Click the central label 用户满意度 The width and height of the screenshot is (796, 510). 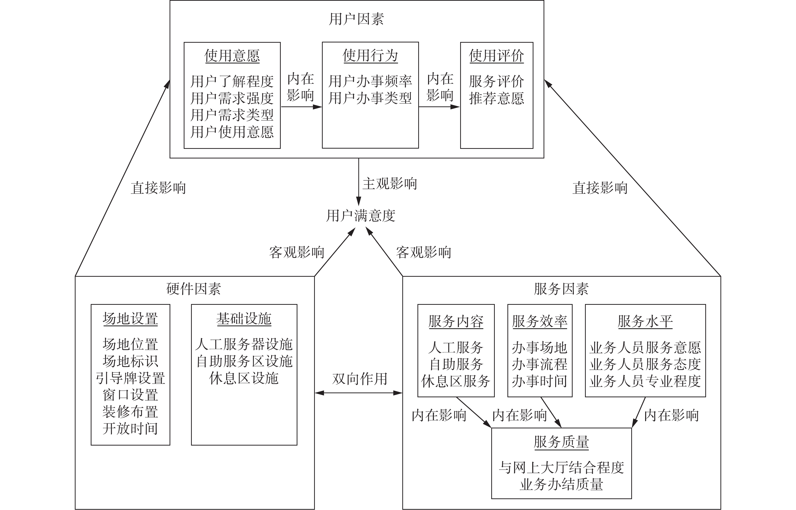(361, 216)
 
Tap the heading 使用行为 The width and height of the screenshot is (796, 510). (370, 55)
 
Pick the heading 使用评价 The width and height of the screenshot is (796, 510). (496, 56)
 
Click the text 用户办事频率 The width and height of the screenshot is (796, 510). (370, 81)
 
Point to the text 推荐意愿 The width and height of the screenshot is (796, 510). (496, 98)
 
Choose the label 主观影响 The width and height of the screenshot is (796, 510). (389, 183)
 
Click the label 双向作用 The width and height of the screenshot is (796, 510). (360, 379)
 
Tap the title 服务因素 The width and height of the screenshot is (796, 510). (561, 289)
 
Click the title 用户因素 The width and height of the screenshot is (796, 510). (356, 19)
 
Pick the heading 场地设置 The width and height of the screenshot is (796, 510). (130, 319)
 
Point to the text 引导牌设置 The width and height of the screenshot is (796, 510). (130, 378)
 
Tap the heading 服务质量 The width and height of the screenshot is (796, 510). (561, 442)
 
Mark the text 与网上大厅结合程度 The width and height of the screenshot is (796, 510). (561, 468)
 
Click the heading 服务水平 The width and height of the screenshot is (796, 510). (645, 321)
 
